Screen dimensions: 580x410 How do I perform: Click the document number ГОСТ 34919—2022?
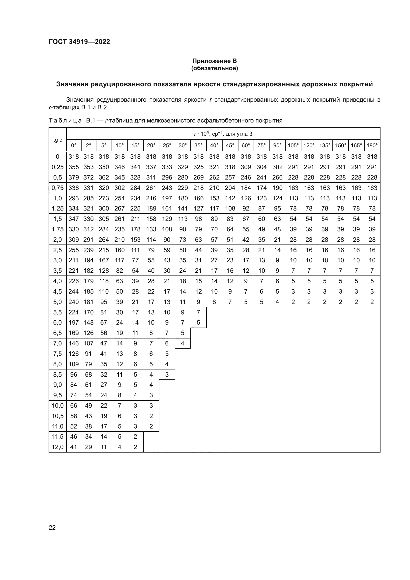coord(79,42)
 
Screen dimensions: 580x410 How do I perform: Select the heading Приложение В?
coord(214,61)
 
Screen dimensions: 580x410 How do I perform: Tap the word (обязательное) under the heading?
coord(214,68)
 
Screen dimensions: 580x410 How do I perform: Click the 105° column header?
coord(293,146)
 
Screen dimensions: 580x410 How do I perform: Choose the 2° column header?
coord(88,146)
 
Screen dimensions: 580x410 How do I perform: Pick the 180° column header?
coord(372,146)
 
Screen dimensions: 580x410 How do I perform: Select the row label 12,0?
coord(58,447)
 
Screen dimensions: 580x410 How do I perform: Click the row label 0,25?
coord(58,167)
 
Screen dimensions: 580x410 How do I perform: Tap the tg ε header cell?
coord(58,140)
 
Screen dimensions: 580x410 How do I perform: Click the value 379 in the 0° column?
coord(73,178)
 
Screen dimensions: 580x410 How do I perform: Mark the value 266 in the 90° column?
coord(277,178)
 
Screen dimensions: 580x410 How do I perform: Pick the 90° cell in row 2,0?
coord(277,240)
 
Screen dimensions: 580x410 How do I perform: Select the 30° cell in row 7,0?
coord(182,343)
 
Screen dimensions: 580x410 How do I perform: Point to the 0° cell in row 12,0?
coord(73,447)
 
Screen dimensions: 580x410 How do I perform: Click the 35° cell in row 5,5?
coord(199,312)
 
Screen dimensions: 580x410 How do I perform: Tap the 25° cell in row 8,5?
coord(167,374)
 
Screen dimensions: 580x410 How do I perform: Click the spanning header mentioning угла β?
coord(223,134)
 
